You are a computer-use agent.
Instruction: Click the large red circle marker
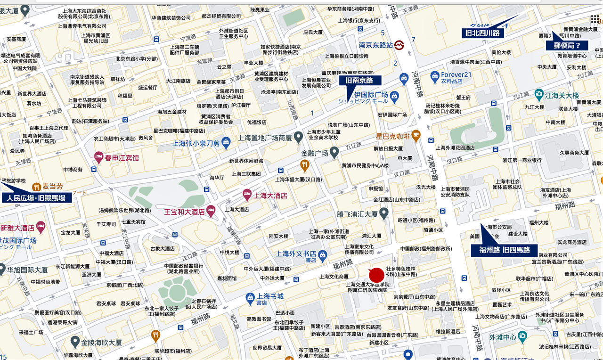coord(376,275)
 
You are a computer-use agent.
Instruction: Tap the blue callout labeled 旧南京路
coord(359,80)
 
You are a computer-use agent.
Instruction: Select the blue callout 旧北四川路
coord(482,33)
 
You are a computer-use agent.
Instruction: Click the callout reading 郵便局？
coord(567,46)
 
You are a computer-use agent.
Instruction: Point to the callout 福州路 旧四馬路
coord(505,250)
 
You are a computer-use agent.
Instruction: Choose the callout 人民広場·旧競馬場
coord(39,198)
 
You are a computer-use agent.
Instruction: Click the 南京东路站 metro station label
coord(375,45)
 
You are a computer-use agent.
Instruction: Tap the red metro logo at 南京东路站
coord(399,45)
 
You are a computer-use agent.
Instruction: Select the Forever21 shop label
coord(456,75)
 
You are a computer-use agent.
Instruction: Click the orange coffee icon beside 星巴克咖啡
coord(416,136)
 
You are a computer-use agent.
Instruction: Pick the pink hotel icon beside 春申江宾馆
coord(98,157)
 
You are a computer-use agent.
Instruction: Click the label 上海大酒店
coord(271,195)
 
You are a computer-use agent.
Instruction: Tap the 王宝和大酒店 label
coord(185,212)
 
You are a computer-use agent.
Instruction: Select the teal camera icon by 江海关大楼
coord(538,95)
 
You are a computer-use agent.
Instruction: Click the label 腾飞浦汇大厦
coord(357,214)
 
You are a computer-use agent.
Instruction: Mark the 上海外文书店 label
coord(296,253)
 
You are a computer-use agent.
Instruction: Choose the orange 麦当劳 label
coord(53,187)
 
